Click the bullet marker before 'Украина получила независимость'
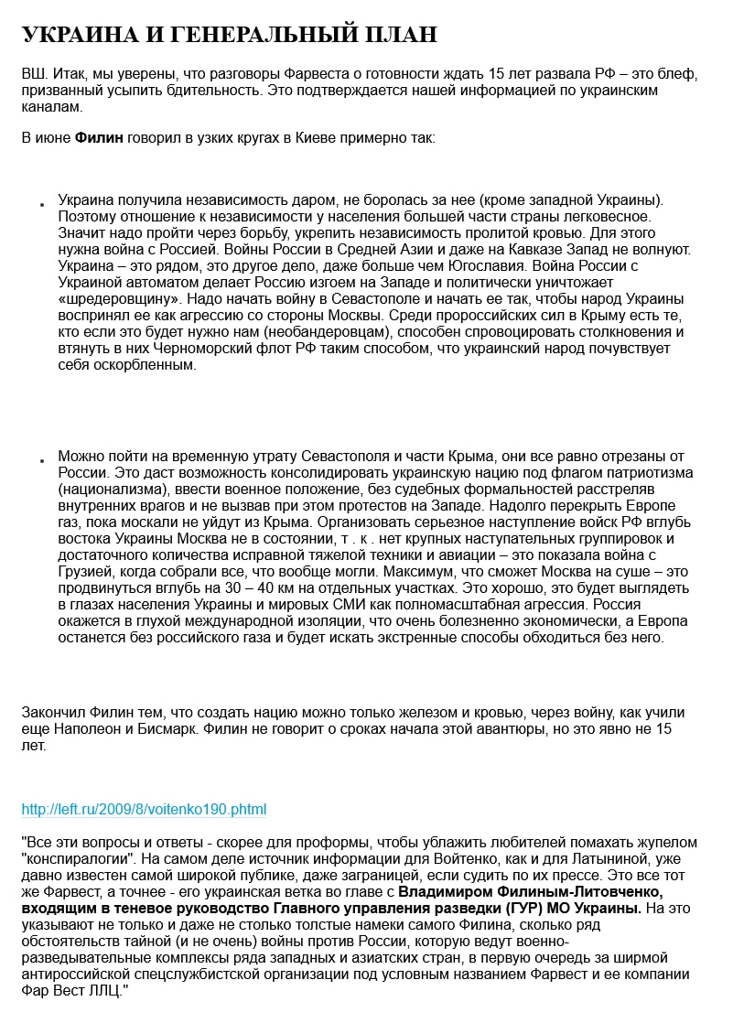(42, 204)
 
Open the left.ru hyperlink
(144, 810)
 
